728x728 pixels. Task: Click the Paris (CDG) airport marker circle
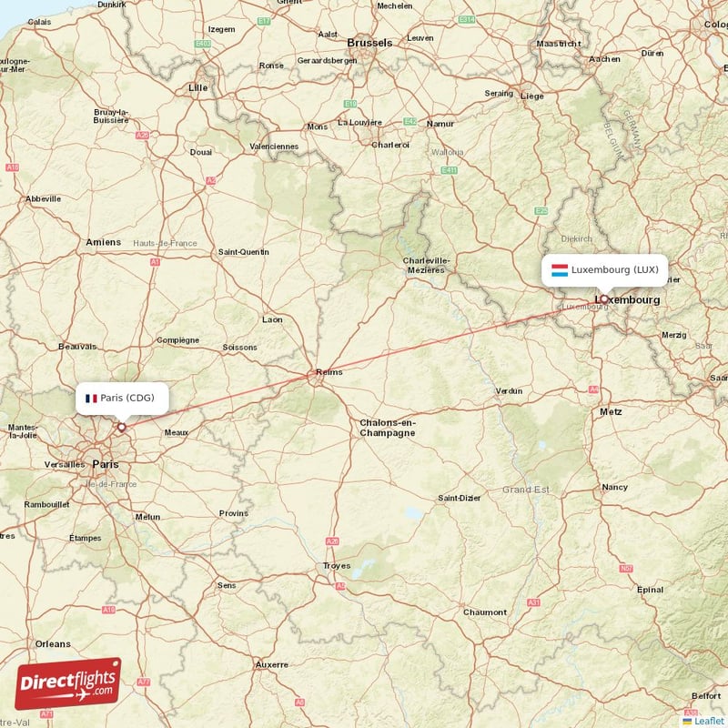coord(121,426)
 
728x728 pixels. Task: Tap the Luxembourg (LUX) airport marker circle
coord(603,298)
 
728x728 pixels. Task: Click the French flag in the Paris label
coord(91,398)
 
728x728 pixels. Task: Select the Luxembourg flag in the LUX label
coord(560,269)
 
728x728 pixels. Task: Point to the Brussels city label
coord(369,43)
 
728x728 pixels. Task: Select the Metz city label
coord(611,411)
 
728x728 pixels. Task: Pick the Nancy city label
coord(615,487)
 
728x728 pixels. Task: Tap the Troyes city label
coord(336,566)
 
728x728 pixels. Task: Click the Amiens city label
coord(103,242)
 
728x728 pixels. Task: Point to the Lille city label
coord(197,87)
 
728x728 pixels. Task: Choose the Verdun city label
coord(509,390)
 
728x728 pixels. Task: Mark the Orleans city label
coord(53,643)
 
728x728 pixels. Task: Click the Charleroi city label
coord(390,145)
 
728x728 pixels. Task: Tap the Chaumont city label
coord(484,612)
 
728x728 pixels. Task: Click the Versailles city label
coord(65,464)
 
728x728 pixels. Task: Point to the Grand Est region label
coord(526,490)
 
